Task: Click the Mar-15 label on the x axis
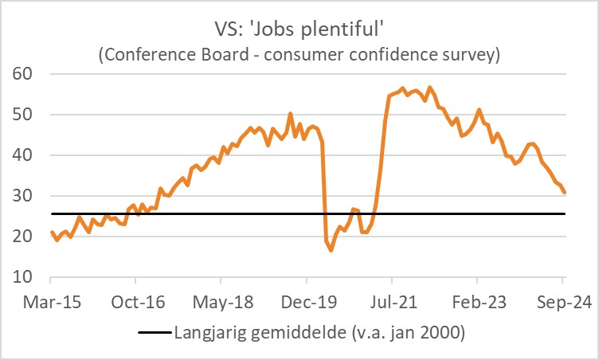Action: [50, 303]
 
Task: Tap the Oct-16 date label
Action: [135, 303]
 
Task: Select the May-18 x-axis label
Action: [221, 303]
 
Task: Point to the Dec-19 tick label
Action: [307, 303]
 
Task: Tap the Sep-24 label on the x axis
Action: [562, 303]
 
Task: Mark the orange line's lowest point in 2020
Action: [331, 250]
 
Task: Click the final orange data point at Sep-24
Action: [565, 193]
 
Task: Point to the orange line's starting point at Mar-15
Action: [51, 232]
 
